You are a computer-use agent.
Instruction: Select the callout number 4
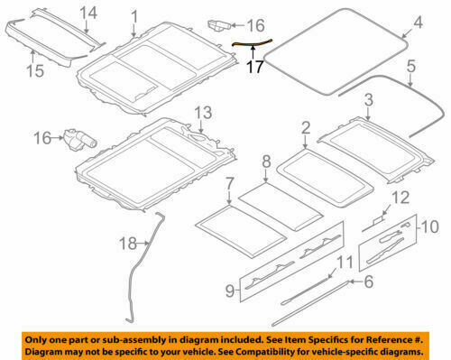[417, 22]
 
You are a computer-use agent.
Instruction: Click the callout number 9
[230, 291]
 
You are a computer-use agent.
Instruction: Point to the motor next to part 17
[219, 23]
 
